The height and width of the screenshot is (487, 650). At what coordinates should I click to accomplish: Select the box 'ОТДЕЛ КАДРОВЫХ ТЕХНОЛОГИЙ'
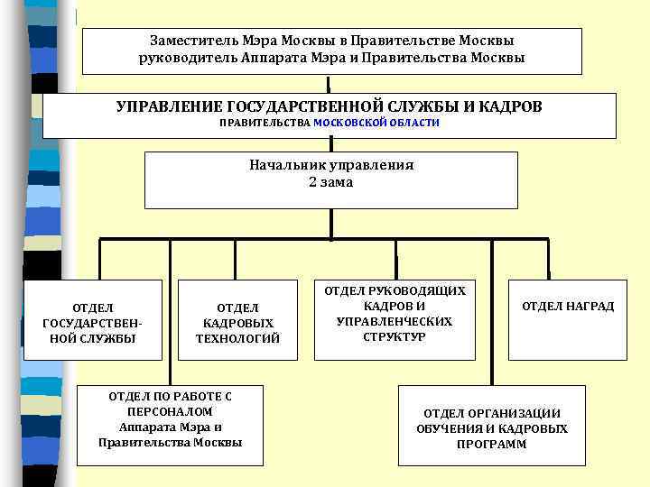(237, 320)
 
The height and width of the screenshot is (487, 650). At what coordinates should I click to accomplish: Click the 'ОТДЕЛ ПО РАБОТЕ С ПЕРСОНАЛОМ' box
(170, 424)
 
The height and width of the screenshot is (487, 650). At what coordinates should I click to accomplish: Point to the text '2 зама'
(330, 182)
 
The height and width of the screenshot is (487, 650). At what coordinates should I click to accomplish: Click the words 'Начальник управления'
(330, 166)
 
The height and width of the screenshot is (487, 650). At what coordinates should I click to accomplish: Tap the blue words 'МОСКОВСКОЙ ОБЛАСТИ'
(376, 123)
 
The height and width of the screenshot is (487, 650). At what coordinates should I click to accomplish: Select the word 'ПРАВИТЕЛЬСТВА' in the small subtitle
(265, 123)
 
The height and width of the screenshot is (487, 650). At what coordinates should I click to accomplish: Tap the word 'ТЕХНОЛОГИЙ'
(237, 339)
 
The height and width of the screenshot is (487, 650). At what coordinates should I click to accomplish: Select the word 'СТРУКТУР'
(394, 337)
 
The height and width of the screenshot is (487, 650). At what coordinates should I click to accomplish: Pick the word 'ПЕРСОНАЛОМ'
(170, 411)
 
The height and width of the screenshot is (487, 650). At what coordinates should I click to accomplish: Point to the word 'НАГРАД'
(590, 307)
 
